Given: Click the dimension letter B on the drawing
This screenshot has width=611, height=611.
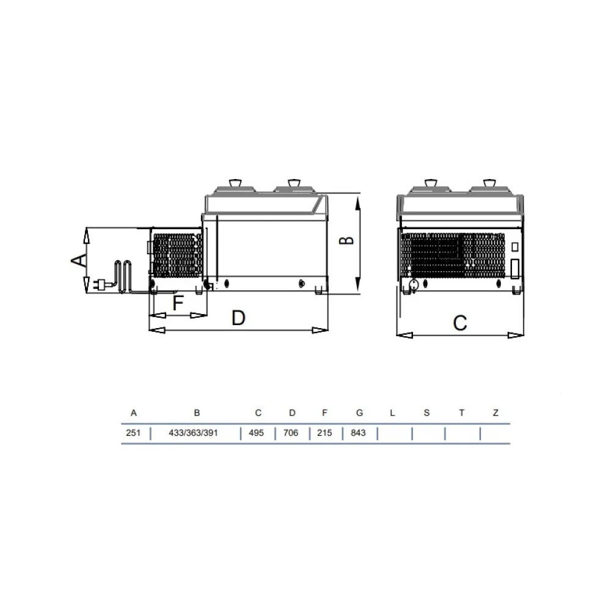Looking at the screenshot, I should pyautogui.click(x=347, y=240).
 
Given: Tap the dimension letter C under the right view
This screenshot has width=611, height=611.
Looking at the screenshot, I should pyautogui.click(x=460, y=322).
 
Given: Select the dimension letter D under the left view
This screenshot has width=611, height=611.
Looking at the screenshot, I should pyautogui.click(x=238, y=318).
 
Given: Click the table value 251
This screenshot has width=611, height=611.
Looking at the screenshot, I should pyautogui.click(x=133, y=433).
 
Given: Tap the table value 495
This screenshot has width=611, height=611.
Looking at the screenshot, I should pyautogui.click(x=257, y=433).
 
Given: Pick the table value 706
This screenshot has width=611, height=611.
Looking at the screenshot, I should pyautogui.click(x=291, y=433).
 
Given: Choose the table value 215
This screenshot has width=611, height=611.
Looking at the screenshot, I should pyautogui.click(x=324, y=433).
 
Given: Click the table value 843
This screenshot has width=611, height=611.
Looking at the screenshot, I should pyautogui.click(x=359, y=433).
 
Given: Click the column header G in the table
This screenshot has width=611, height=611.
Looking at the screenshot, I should pyautogui.click(x=359, y=413).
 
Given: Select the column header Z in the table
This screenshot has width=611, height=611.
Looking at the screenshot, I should pyautogui.click(x=496, y=413).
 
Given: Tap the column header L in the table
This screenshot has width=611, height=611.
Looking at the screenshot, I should pyautogui.click(x=392, y=413).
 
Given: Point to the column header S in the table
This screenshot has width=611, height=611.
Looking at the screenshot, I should pyautogui.click(x=426, y=413).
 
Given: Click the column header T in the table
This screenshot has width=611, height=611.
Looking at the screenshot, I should pyautogui.click(x=461, y=413).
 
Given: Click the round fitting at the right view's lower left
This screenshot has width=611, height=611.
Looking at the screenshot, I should pyautogui.click(x=414, y=284).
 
